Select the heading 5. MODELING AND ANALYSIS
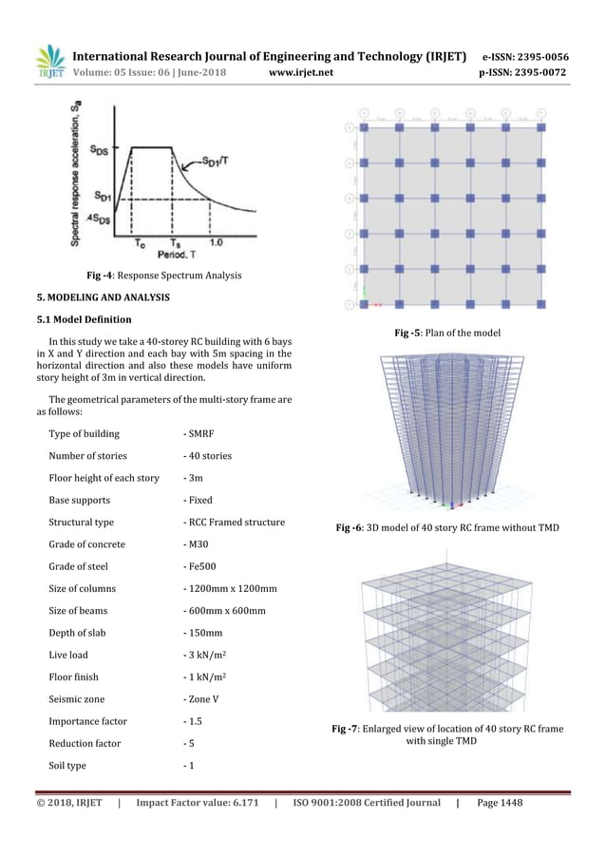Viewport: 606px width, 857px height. click(x=104, y=297)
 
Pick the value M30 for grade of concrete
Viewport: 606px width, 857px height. click(x=196, y=544)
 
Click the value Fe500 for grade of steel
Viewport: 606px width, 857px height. click(x=199, y=567)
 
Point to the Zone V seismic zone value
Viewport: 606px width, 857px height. click(x=202, y=700)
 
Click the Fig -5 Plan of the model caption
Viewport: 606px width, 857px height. click(x=453, y=333)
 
